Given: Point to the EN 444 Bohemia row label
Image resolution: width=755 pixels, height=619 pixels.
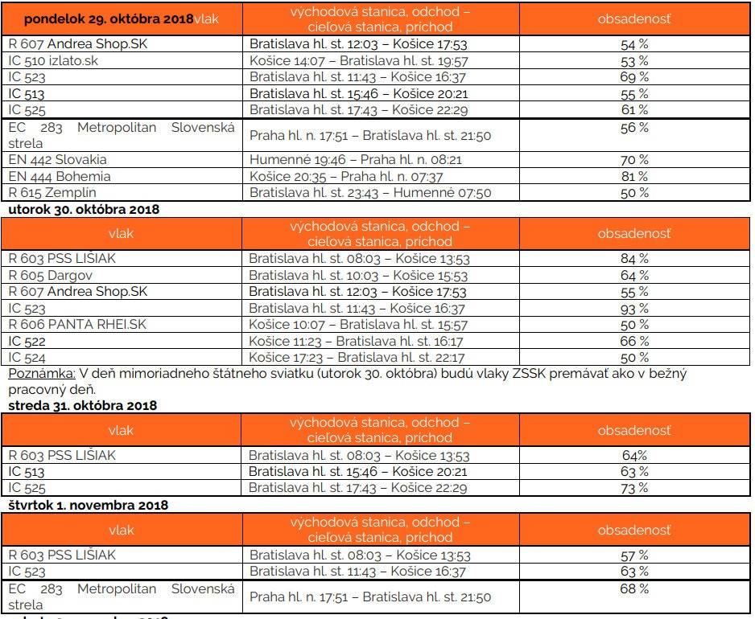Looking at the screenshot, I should click(x=60, y=176).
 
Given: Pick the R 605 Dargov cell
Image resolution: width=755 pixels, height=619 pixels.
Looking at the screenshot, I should click(x=50, y=275).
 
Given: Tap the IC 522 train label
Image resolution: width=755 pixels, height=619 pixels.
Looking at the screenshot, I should click(x=27, y=341).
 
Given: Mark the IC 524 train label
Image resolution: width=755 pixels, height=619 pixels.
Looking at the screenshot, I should click(x=27, y=357).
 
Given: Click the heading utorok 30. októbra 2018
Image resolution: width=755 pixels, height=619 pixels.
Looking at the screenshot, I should click(x=84, y=210).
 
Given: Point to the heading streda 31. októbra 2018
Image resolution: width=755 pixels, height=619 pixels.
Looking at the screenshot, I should click(x=82, y=406).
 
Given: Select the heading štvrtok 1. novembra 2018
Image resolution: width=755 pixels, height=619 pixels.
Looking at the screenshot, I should click(x=88, y=506).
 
